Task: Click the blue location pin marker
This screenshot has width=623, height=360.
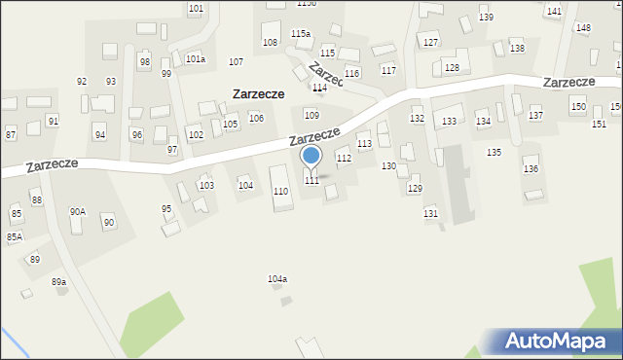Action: pyautogui.click(x=311, y=156)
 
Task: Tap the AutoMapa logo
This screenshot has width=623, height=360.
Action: pyautogui.click(x=553, y=342)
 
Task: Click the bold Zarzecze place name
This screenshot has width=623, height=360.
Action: pyautogui.click(x=258, y=94)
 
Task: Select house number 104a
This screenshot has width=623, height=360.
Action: pyautogui.click(x=277, y=279)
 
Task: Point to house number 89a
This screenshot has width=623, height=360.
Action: pyautogui.click(x=59, y=281)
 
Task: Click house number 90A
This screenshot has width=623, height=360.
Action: pyautogui.click(x=77, y=211)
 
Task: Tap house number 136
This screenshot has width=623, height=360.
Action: pyautogui.click(x=531, y=169)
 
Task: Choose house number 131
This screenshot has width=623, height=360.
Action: pyautogui.click(x=430, y=212)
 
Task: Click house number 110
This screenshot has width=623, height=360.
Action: pyautogui.click(x=280, y=192)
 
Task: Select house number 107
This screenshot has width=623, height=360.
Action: pyautogui.click(x=236, y=62)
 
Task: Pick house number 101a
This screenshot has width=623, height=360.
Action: pyautogui.click(x=196, y=58)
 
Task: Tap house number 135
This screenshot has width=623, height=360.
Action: pyautogui.click(x=495, y=153)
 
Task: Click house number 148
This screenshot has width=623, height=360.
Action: pyautogui.click(x=582, y=28)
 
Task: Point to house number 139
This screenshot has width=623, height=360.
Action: pyautogui.click(x=486, y=18)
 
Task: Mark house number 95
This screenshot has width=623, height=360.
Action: pyautogui.click(x=166, y=208)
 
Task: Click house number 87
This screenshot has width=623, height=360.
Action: pyautogui.click(x=11, y=132)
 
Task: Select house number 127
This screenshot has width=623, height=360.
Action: pyautogui.click(x=430, y=43)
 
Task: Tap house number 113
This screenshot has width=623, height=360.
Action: pyautogui.click(x=364, y=144)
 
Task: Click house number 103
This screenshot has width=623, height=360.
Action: pyautogui.click(x=206, y=185)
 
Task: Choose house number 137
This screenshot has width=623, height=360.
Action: pyautogui.click(x=535, y=116)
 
